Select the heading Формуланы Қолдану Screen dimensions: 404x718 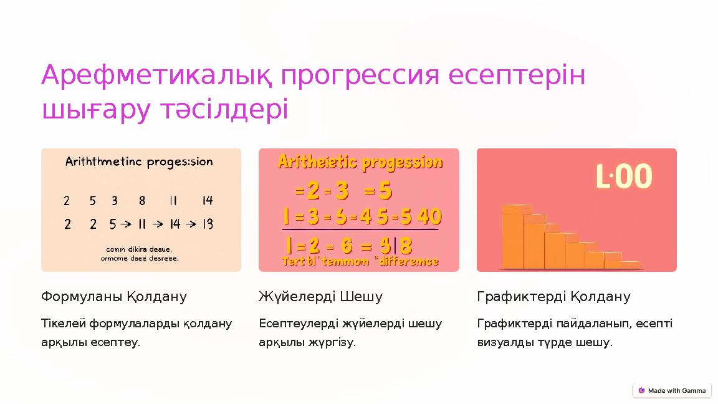tap(114, 297)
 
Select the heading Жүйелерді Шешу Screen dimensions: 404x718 tap(320, 297)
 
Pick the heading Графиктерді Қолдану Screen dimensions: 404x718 tap(553, 297)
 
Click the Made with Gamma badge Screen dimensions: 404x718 tap(672, 391)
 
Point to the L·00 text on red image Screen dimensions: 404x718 tap(624, 176)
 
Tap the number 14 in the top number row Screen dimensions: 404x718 tap(208, 201)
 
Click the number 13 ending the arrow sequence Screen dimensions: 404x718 tap(208, 224)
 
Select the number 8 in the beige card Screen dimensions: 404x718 tap(142, 201)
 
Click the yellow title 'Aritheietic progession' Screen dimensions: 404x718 tap(360, 163)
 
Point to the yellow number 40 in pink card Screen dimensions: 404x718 tap(429, 217)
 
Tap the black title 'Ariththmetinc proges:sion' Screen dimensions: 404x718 tap(139, 162)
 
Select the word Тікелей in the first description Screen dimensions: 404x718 tap(64, 324)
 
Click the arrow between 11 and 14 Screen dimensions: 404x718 tap(159, 224)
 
